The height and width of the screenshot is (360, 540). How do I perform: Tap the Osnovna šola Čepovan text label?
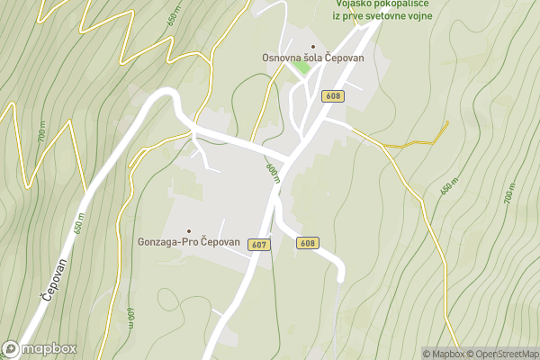(x=313, y=58)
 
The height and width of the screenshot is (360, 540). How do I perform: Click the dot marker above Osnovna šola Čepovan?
(x=313, y=47)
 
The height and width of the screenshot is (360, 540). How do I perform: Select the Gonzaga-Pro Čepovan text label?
(x=188, y=243)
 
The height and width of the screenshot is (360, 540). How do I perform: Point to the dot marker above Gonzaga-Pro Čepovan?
(x=188, y=231)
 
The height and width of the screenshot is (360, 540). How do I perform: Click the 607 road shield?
(x=259, y=245)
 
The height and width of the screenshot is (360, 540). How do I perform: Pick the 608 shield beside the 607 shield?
(x=308, y=243)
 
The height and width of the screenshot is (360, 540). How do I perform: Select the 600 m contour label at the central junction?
(x=273, y=172)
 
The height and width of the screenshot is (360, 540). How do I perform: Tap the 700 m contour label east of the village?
(x=508, y=193)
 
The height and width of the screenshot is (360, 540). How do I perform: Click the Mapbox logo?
(x=40, y=348)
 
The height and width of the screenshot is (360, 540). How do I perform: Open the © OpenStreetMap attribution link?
(x=501, y=354)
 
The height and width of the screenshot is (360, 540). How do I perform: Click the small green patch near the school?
(x=300, y=93)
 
